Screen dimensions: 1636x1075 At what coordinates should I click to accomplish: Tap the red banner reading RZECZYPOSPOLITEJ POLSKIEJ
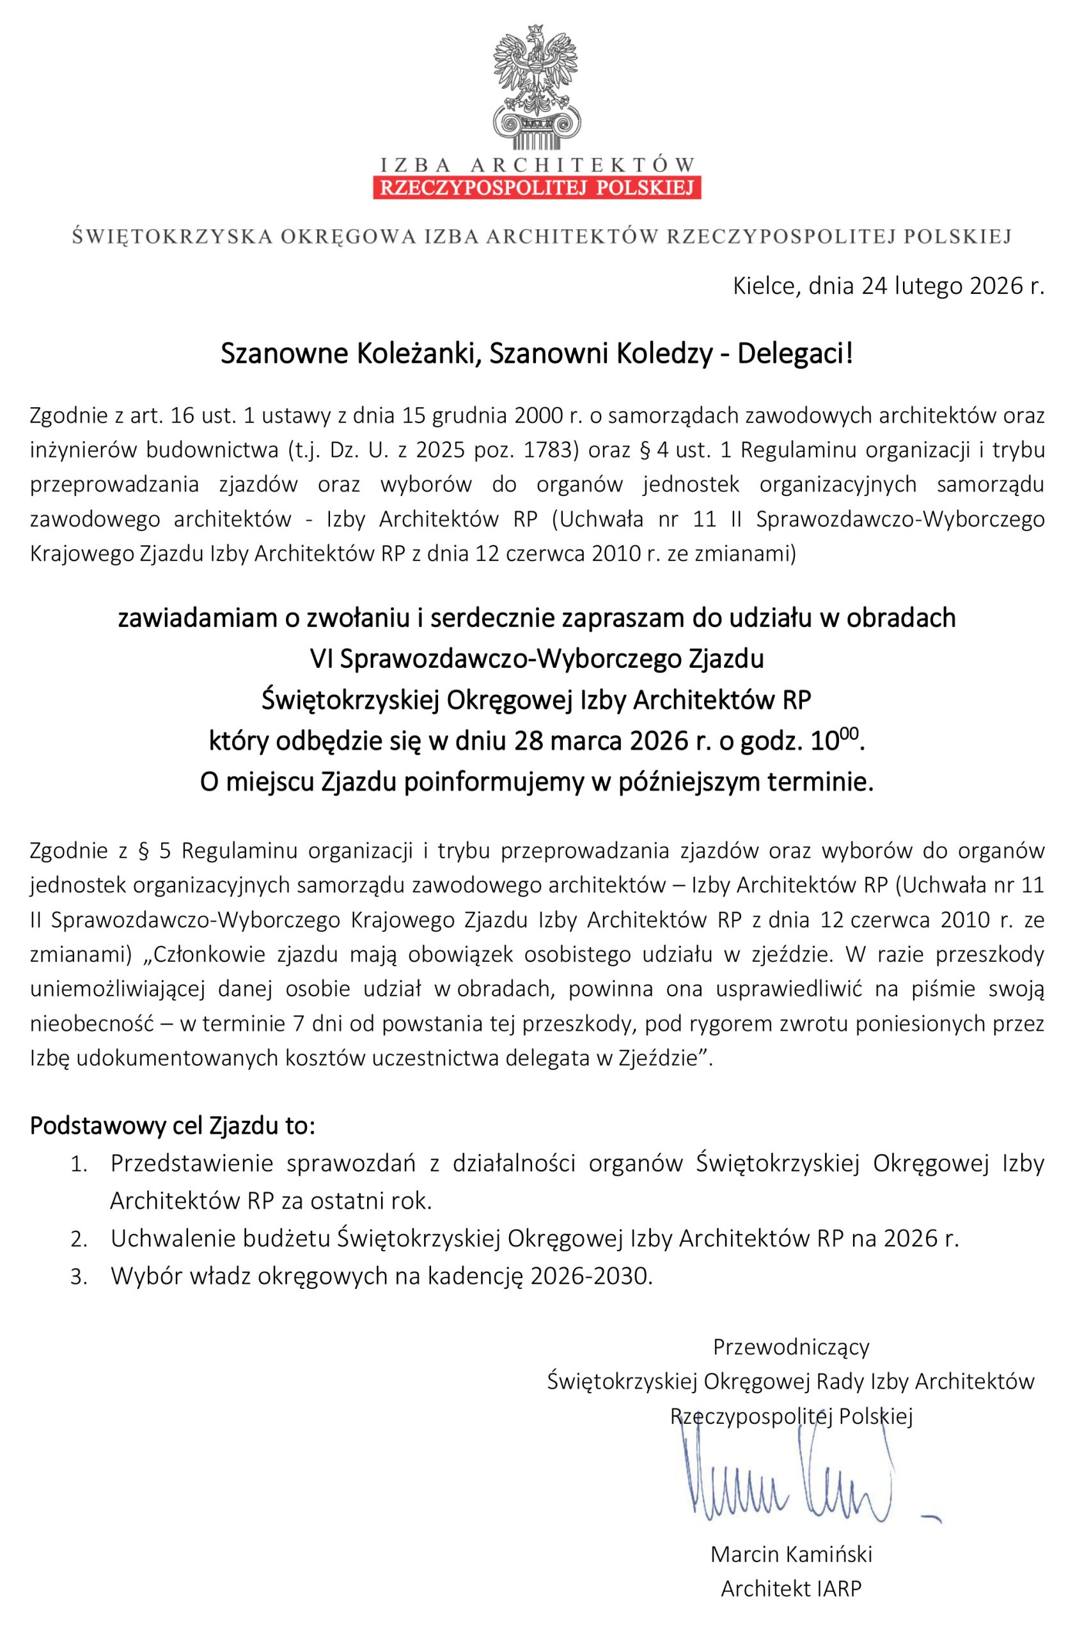click(537, 188)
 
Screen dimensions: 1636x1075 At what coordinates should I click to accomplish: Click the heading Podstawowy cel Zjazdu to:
click(172, 1127)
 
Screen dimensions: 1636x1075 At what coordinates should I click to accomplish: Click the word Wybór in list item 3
click(141, 1276)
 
